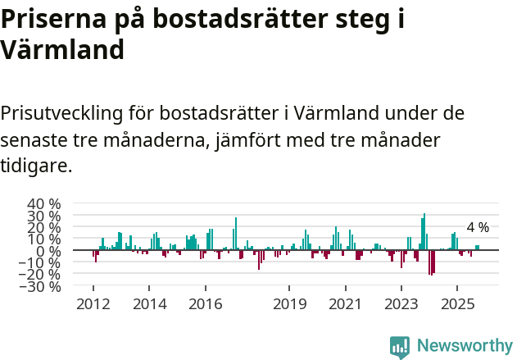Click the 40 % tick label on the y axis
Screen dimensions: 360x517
point(44,204)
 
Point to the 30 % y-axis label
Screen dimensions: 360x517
point(44,216)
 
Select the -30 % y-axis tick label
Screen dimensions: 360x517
point(41,286)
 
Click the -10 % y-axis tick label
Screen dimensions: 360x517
point(41,262)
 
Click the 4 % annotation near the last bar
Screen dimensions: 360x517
point(478,227)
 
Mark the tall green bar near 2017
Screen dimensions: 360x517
point(236,234)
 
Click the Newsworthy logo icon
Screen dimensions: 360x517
point(400,347)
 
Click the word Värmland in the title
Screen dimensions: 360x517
point(62,49)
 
